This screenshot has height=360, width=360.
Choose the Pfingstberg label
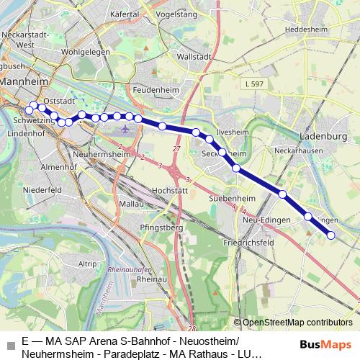coord(159,227)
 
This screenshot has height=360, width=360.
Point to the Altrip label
coord(87,264)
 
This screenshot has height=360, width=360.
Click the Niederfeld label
coord(42,190)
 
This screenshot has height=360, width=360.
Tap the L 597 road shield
coord(253,84)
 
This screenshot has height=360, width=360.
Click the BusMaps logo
coord(325,343)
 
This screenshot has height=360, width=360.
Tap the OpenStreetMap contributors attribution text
coord(297,322)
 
